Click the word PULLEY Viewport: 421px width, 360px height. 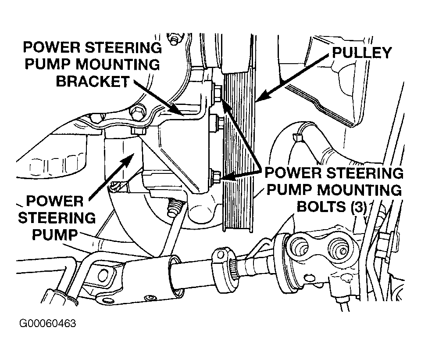pyautogui.click(x=362, y=53)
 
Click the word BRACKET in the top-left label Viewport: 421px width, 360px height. pyautogui.click(x=93, y=82)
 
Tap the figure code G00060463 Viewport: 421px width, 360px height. pyautogui.click(x=47, y=324)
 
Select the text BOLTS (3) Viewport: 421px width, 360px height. pyautogui.click(x=332, y=207)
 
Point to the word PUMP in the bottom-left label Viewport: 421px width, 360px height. pyautogui.click(x=55, y=235)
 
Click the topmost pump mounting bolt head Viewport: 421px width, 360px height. pyautogui.click(x=217, y=93)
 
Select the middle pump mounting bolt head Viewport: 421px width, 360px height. pyautogui.click(x=216, y=122)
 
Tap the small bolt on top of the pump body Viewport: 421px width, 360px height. pyautogui.click(x=138, y=131)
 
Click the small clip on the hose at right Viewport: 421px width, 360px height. pyautogui.click(x=296, y=138)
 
